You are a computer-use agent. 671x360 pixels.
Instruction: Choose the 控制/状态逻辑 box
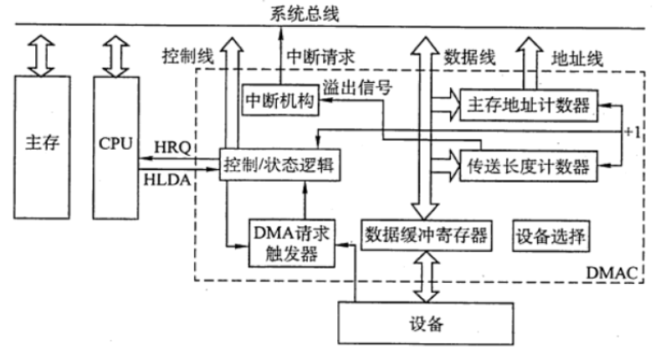[x=279, y=165]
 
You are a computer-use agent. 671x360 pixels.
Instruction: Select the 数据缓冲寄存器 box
[x=424, y=231]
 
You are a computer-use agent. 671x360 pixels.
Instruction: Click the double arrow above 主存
[x=40, y=54]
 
